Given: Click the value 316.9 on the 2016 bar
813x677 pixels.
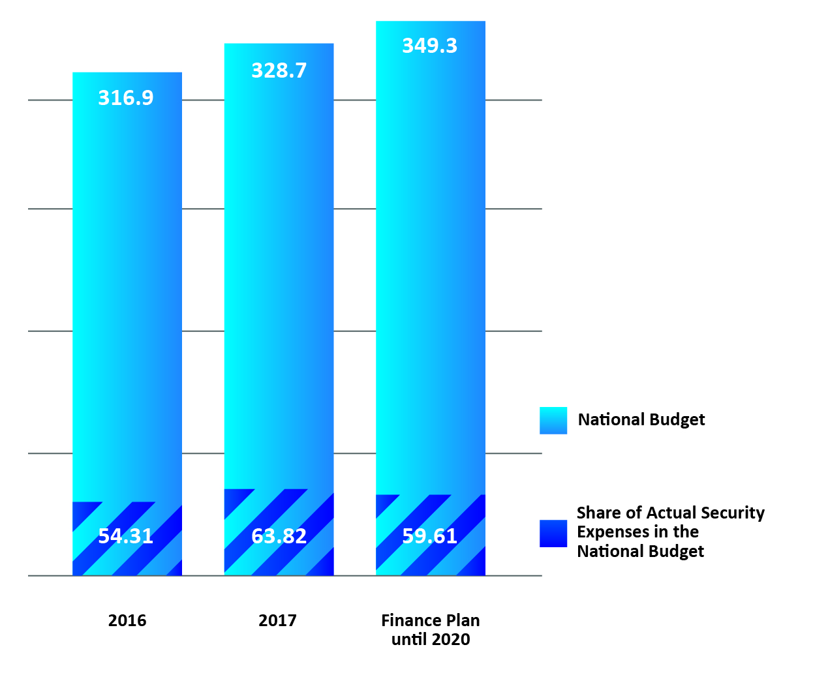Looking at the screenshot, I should coord(126,98).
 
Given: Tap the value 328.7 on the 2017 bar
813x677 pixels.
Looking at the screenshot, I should coord(279,70).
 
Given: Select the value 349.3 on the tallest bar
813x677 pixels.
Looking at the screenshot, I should coord(429,46).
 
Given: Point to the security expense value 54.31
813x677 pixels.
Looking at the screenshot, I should coord(126,536).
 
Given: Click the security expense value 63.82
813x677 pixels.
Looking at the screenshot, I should coord(279,536).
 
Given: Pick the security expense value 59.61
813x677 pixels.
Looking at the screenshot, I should coord(429,536).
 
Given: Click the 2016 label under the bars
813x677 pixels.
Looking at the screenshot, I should coord(127,620).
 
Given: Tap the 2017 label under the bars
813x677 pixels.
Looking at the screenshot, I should coord(277,620).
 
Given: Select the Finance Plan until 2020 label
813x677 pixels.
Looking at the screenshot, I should coord(431,629).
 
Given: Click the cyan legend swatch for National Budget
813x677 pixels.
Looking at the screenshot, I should coord(553,421).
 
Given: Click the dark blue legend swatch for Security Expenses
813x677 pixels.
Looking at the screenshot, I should coord(553,533).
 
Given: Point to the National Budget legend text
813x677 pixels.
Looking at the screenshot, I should coord(641,420).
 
